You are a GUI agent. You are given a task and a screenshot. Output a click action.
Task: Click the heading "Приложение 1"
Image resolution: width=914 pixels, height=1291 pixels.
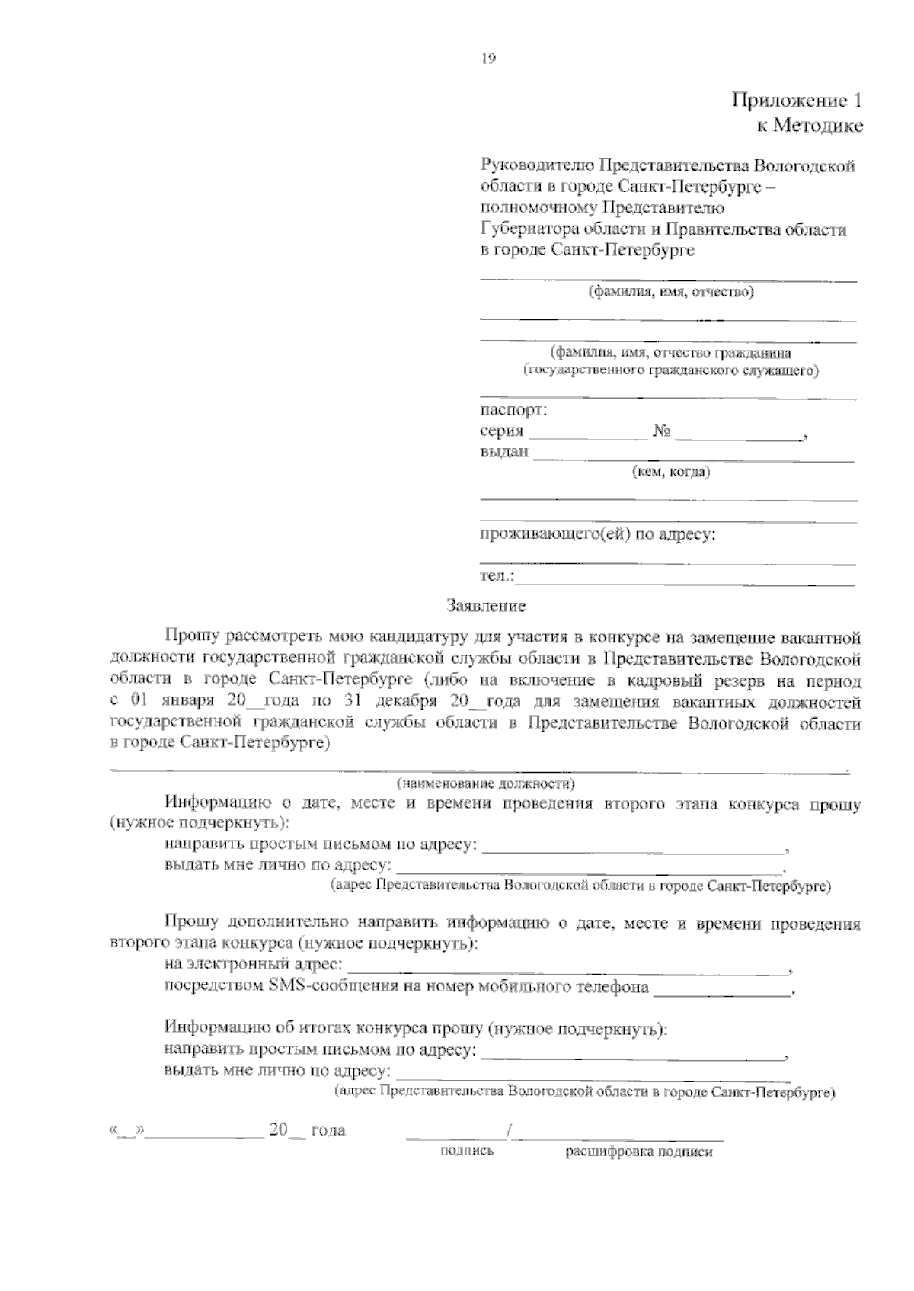[x=797, y=101]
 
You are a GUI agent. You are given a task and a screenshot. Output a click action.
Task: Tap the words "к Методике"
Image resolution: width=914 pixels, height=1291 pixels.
[x=810, y=126]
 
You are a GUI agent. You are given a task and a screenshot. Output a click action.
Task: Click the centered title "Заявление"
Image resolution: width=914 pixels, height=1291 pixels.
[x=486, y=607]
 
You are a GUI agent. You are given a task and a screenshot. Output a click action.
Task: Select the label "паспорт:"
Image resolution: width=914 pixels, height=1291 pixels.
[x=513, y=410]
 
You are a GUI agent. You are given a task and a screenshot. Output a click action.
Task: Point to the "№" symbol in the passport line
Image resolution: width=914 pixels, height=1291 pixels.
[x=661, y=432]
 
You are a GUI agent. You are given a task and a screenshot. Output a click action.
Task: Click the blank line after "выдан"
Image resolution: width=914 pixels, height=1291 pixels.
[x=693, y=459]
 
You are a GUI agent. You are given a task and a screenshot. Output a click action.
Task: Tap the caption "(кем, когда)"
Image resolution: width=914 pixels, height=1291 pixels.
[x=671, y=473]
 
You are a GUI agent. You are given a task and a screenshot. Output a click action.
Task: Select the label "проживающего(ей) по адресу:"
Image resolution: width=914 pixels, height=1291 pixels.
[x=597, y=534]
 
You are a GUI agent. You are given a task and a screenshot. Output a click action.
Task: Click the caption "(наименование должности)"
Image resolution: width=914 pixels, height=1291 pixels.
[x=486, y=783]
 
